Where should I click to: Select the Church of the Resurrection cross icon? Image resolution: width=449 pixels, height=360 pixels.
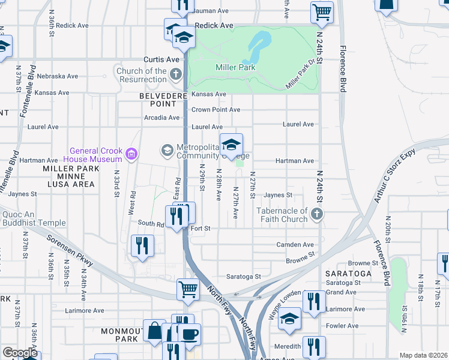175,75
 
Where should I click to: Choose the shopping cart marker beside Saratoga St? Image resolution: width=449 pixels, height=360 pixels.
188,290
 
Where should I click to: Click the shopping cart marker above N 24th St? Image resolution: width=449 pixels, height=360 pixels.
322,13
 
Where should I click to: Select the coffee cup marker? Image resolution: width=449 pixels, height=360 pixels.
190,334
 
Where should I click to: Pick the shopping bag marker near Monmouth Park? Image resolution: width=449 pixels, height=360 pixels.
155,331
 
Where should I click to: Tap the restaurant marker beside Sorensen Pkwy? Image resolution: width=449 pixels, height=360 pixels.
143,246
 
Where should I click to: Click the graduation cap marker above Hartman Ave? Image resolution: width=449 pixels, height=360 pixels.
231,145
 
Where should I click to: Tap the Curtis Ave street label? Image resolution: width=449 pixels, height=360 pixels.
161,59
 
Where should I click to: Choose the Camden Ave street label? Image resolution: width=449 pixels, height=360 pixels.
295,245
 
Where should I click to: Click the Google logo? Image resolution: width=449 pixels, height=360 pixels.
20,352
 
